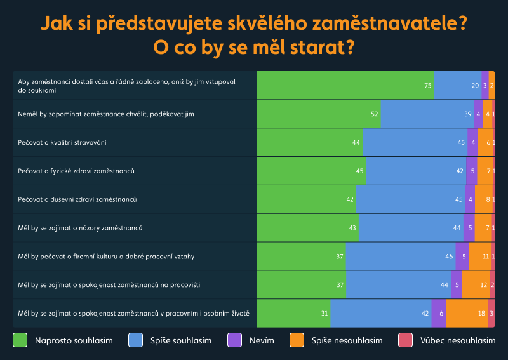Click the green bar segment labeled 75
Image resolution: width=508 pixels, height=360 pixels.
pos(345,85)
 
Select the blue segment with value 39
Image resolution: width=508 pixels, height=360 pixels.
pos(427,114)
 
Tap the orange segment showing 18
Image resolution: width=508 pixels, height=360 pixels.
pos(467,313)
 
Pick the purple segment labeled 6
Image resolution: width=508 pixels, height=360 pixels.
pos(439,313)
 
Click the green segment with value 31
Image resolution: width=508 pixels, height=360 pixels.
pos(293,313)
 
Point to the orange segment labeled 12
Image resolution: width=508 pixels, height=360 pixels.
pos(475,284)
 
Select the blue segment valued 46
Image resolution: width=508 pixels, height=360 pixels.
pos(400,256)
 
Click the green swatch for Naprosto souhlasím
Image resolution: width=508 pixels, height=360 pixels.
pos(20,340)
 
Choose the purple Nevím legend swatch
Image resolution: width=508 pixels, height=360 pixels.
pos(235,340)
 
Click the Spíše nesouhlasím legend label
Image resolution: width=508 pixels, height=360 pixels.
pos(347,341)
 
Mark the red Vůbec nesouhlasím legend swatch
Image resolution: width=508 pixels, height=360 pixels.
pos(405,340)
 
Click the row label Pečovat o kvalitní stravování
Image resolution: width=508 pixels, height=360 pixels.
pos(62,142)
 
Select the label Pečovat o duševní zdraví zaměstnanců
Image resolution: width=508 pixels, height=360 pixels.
pos(77,199)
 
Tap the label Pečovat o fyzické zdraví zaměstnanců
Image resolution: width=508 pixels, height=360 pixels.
pos(76,171)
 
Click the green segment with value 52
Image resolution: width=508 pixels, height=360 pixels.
pos(318,114)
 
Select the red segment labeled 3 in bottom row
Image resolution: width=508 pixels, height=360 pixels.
pos(491,313)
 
